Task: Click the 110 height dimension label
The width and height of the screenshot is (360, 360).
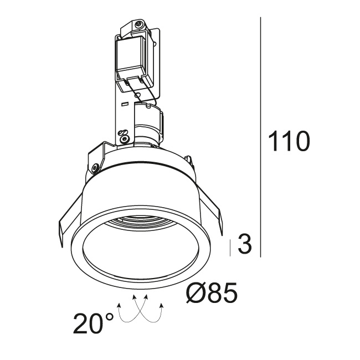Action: (289, 141)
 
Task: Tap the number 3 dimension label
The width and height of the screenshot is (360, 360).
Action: (245, 244)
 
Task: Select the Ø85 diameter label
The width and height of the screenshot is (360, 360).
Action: (211, 293)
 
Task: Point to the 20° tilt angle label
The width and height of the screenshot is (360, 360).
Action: (93, 323)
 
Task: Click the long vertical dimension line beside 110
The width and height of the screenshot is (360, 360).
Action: (261, 137)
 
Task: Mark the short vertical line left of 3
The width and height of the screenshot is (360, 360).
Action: (230, 248)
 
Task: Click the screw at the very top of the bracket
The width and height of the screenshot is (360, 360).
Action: (138, 23)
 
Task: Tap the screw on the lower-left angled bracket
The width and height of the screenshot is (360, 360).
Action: (95, 168)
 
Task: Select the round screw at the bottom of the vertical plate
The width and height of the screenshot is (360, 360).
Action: (125, 139)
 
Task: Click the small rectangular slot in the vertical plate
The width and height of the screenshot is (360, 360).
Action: (124, 105)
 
